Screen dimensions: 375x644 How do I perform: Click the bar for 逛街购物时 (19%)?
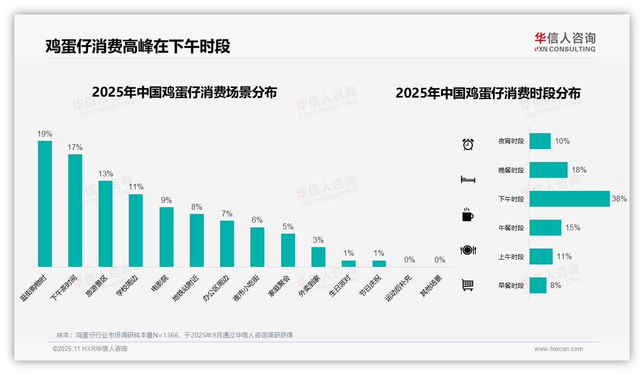(x=45, y=203)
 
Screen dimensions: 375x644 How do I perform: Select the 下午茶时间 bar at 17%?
(x=75, y=210)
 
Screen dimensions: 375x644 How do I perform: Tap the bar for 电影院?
(x=166, y=237)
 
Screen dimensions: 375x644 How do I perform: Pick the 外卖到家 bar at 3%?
(x=318, y=257)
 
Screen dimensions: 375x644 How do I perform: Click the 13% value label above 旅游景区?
(x=105, y=174)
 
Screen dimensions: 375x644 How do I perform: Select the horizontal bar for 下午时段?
(x=570, y=199)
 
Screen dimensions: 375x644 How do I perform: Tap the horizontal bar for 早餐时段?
(x=538, y=286)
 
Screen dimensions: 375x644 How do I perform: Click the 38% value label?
(x=619, y=199)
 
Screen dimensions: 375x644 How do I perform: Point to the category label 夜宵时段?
(x=511, y=141)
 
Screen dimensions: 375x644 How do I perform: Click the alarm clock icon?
(x=468, y=144)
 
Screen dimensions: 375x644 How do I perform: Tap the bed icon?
(x=468, y=179)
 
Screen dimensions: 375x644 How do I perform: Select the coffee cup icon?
(x=468, y=215)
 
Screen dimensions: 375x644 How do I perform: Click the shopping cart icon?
(x=468, y=285)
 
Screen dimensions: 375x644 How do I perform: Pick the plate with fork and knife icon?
(x=468, y=250)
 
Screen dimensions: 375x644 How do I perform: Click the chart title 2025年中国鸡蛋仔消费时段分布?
(x=488, y=93)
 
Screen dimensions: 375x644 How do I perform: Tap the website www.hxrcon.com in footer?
(x=558, y=349)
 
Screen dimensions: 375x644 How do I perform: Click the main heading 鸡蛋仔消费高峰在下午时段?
(x=138, y=46)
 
